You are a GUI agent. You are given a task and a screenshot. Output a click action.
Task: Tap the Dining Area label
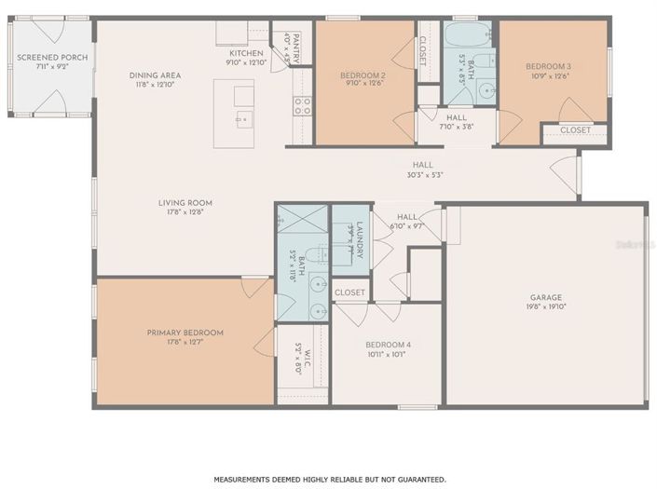155,75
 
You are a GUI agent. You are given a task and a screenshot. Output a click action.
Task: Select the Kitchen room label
246,54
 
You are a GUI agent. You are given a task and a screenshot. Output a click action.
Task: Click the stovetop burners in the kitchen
302,106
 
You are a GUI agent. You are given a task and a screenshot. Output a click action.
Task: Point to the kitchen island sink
241,118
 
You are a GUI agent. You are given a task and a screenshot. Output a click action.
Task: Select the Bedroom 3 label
548,67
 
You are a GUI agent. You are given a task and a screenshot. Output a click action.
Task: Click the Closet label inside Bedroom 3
575,130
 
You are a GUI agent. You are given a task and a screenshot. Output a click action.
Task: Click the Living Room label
186,202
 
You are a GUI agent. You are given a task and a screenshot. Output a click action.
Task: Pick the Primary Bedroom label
185,333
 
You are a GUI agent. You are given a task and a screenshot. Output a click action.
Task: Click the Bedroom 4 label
388,346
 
